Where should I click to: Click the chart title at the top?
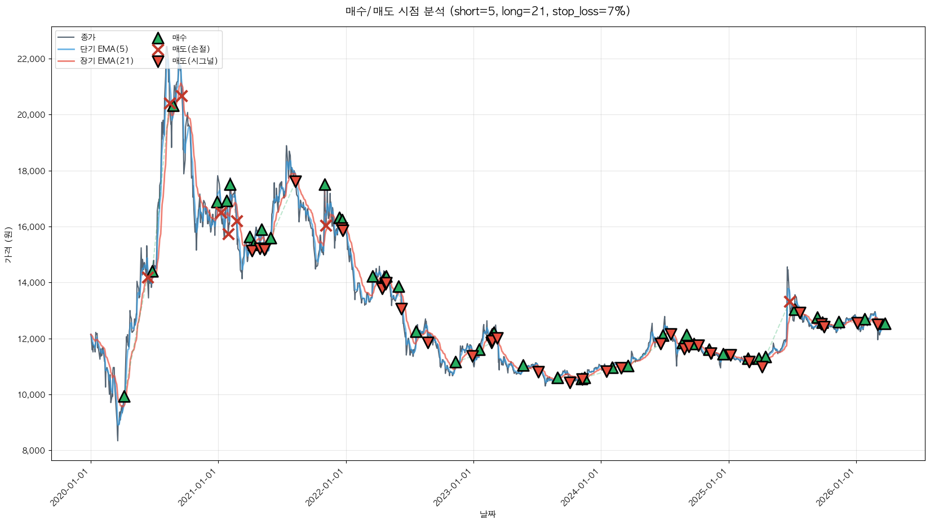click(x=487, y=11)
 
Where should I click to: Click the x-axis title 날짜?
click(x=488, y=514)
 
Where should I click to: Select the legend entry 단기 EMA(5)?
click(x=104, y=49)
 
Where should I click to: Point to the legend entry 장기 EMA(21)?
click(x=107, y=61)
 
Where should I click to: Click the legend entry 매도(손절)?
click(x=191, y=49)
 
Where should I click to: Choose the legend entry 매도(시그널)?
click(x=194, y=61)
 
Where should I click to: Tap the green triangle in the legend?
click(x=158, y=38)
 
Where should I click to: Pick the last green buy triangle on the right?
click(x=884, y=324)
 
